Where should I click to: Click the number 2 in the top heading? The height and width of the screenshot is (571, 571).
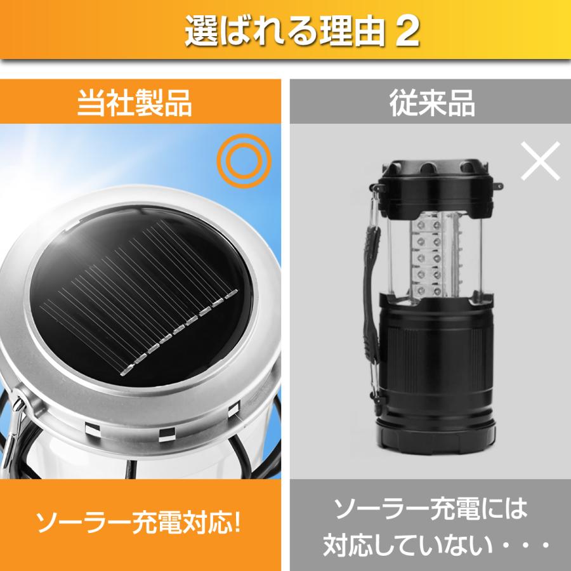coord(407,31)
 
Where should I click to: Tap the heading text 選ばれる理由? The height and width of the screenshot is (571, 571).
coord(285,31)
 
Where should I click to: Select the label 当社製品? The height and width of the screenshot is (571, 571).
coord(135,103)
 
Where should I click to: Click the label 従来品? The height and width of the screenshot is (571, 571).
coord(432,103)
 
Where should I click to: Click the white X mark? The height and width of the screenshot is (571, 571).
coord(541,161)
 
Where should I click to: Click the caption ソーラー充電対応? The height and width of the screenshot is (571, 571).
coord(138,523)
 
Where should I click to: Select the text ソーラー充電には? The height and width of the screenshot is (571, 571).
coord(431,508)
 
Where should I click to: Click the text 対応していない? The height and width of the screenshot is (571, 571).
coord(408,545)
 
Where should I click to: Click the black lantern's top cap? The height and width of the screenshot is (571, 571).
coord(436,188)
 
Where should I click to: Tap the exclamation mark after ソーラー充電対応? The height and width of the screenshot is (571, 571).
coord(237,523)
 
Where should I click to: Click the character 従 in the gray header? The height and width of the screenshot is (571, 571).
coord(403,103)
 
